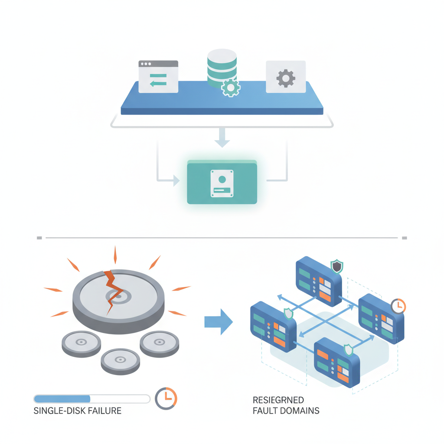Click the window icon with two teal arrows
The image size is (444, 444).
click(158, 77)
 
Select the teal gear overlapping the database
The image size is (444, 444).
click(230, 88)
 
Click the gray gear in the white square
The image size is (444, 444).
click(285, 78)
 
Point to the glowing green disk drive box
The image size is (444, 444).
click(222, 182)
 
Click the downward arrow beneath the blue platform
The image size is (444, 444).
click(222, 140)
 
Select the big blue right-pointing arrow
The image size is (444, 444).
click(219, 322)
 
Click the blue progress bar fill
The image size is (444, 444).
click(62, 398)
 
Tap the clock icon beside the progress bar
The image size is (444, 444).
click(166, 398)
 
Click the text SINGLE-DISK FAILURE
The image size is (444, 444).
click(78, 411)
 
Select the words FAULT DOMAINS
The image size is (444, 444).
click(286, 411)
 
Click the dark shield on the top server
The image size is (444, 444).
click(336, 267)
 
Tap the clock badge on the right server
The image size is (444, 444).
click(398, 306)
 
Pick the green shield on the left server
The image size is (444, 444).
click(288, 313)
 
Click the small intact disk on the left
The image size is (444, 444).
click(81, 343)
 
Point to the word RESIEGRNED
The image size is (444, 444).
click(278, 400)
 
